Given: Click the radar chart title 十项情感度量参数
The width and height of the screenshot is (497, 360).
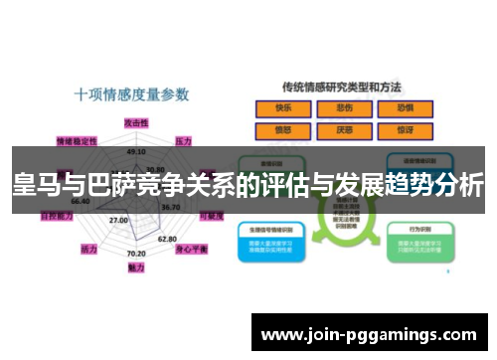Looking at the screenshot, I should (x=131, y=94).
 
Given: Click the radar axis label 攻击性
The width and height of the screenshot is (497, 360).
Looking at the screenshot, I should (x=136, y=121).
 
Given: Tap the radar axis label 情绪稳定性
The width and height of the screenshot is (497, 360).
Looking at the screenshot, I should (x=77, y=140).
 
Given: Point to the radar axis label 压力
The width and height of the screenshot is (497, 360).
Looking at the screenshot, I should (x=183, y=140).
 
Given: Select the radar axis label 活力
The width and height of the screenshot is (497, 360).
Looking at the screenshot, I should (x=88, y=247).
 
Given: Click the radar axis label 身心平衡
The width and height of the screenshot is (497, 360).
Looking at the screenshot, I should (x=191, y=249).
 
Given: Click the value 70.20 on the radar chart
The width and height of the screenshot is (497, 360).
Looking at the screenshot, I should (x=137, y=254).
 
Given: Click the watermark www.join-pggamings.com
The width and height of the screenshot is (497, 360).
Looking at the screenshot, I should (x=369, y=333).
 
